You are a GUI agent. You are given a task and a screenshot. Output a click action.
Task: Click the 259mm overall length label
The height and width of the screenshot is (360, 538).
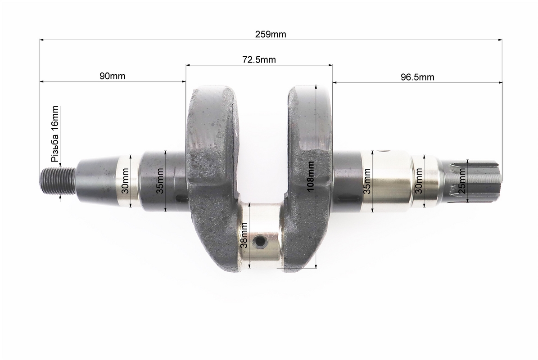click(x=271, y=34)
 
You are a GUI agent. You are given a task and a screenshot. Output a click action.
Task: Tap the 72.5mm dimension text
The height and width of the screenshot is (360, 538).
click(x=259, y=60)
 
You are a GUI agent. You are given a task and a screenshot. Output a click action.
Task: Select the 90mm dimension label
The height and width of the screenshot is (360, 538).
click(x=113, y=76)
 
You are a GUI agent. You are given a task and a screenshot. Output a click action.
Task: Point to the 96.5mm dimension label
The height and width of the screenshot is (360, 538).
click(x=417, y=77)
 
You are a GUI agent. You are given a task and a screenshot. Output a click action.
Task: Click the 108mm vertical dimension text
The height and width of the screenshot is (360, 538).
click(x=311, y=176)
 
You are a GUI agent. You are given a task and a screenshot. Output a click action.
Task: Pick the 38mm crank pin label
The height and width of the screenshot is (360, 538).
click(x=244, y=235)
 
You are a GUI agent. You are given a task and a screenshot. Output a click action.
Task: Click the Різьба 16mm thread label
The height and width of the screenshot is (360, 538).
click(x=55, y=134)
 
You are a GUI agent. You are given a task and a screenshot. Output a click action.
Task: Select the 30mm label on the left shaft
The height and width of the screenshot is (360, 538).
click(x=125, y=181)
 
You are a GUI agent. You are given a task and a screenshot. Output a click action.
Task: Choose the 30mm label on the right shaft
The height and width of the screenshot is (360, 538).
click(x=419, y=181)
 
